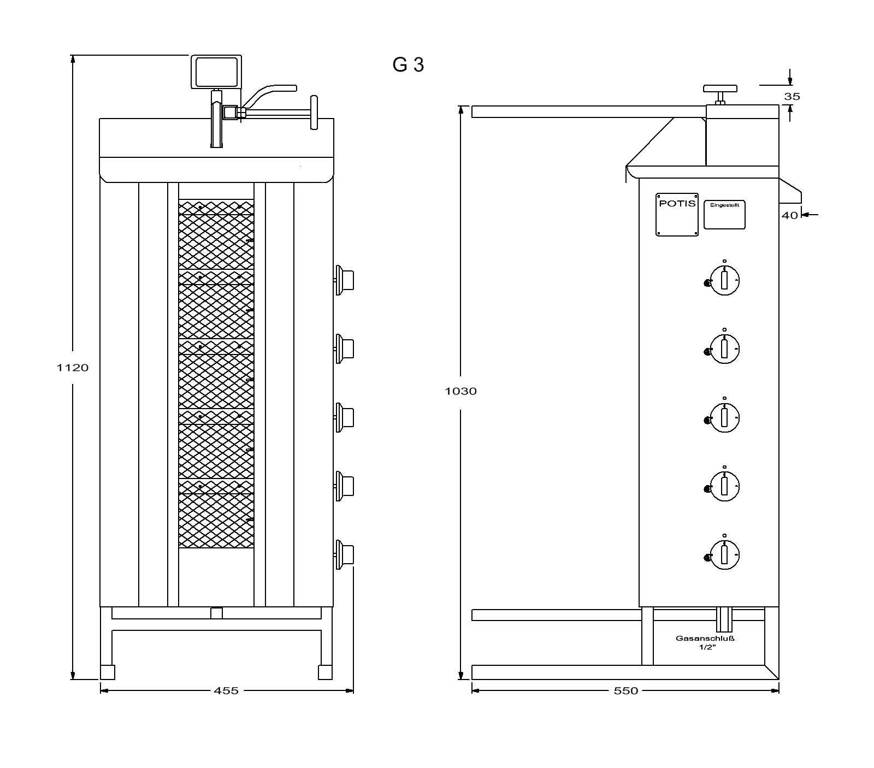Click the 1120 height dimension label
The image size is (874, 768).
73,368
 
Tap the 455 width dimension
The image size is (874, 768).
226,690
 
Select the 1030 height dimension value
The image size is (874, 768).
461,391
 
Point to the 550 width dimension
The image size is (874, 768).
626,690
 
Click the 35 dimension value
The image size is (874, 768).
792,97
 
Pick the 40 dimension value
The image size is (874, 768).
790,215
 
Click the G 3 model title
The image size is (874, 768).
408,65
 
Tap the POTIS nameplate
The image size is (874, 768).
677,215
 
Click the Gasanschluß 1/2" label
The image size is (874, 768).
705,642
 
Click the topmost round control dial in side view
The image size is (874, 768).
723,281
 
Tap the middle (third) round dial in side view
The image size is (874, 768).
723,418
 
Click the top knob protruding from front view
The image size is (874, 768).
345,280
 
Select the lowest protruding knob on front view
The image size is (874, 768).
345,555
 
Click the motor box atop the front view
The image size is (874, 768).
216,72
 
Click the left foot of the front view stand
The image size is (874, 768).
108,672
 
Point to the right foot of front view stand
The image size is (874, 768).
325,672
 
